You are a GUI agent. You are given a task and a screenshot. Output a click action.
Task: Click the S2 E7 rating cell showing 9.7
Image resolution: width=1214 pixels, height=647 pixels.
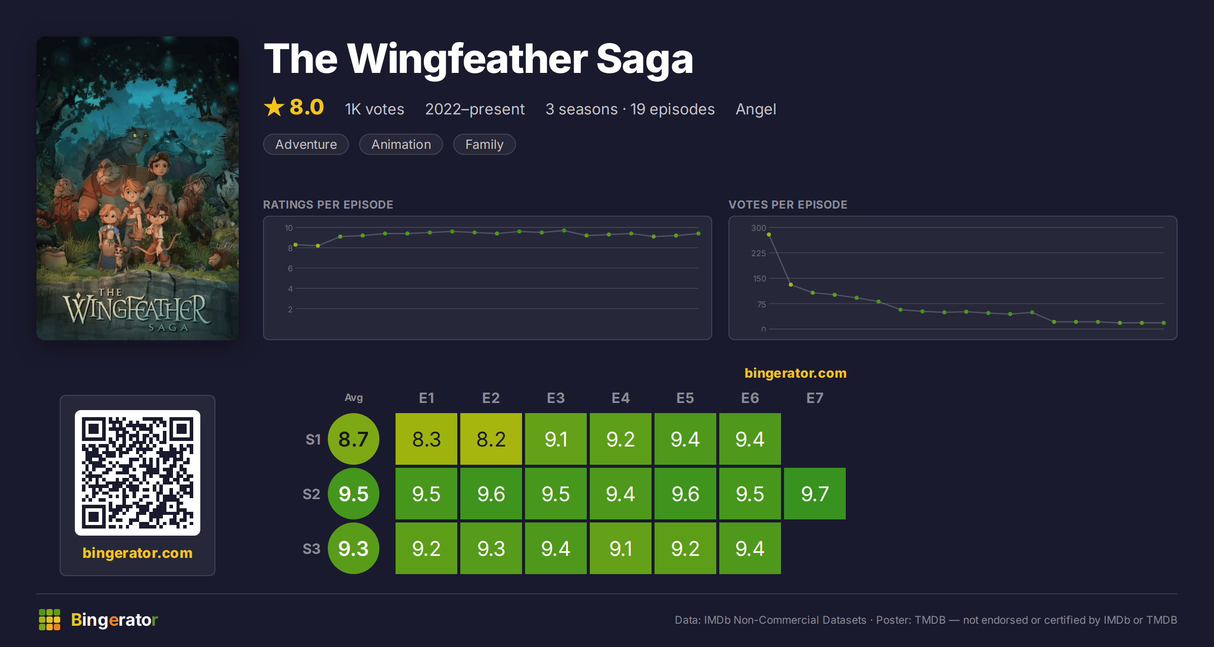pos(814,494)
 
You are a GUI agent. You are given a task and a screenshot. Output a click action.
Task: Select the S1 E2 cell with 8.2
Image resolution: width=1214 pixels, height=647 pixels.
pos(491,439)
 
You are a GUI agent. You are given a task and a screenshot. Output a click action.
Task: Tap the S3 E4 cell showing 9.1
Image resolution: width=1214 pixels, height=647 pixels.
pos(620,548)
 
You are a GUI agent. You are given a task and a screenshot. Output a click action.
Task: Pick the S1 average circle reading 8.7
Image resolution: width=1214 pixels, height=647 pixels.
pos(354,439)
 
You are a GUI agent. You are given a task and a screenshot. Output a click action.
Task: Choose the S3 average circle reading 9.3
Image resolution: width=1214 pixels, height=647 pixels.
pos(354,548)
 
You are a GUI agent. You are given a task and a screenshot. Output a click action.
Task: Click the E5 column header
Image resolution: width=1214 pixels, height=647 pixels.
pos(685,398)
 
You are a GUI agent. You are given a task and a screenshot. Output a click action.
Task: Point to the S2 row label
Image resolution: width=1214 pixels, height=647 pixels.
pos(312,494)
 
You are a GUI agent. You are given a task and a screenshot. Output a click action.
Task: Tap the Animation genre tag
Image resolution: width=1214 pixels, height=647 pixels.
pos(401,144)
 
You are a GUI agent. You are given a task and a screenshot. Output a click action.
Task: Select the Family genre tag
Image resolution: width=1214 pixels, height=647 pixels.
pos(484,144)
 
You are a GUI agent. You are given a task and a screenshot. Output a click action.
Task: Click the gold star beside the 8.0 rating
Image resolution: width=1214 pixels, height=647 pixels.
pos(274,107)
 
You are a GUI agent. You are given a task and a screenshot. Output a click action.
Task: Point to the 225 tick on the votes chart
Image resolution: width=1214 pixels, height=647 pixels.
pos(758,253)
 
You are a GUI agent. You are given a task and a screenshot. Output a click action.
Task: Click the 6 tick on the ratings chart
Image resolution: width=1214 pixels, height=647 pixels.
pos(290,268)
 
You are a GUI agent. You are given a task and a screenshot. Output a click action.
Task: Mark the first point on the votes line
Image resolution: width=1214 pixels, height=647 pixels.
pos(769,234)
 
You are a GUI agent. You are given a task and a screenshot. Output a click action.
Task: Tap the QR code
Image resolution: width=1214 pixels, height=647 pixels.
pos(138,473)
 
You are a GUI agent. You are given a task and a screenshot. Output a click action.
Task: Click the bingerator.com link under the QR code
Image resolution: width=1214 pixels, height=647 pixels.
pos(138,553)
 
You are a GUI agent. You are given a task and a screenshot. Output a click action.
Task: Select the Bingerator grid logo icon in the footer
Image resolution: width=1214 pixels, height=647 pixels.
pos(50,620)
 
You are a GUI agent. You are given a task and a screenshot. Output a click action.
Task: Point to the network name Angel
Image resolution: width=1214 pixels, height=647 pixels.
pos(756,109)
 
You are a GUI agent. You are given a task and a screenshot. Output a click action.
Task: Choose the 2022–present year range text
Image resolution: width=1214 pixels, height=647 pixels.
pos(475,109)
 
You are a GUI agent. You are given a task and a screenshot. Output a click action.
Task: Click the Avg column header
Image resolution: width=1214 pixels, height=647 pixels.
pos(354,398)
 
